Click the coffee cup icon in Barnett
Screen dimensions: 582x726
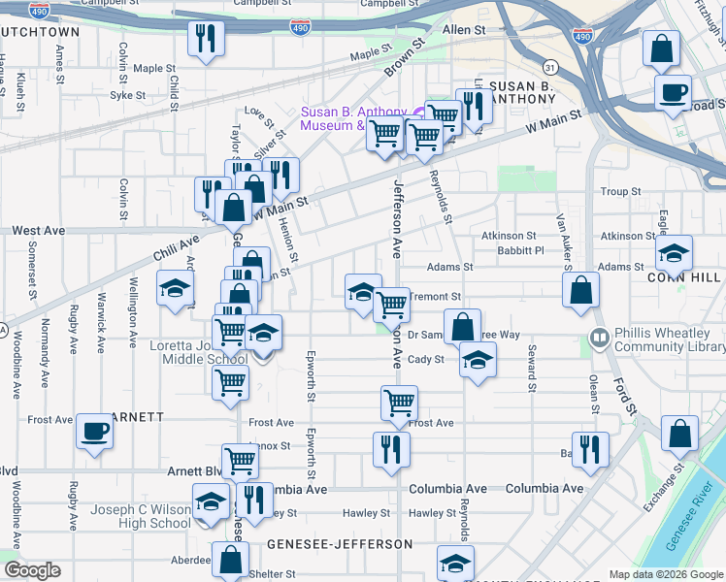coord(94,432)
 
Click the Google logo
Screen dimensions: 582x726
coord(32,570)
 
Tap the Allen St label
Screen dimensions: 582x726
coord(464,31)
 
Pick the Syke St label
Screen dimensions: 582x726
coord(127,95)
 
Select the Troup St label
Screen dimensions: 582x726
coord(621,192)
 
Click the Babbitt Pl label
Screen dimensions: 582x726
coord(519,250)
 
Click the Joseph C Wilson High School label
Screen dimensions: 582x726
coord(142,516)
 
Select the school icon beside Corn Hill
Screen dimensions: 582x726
coord(675,254)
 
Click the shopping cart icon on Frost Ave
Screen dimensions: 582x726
coord(400,403)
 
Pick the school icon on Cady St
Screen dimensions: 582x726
coord(477,360)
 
